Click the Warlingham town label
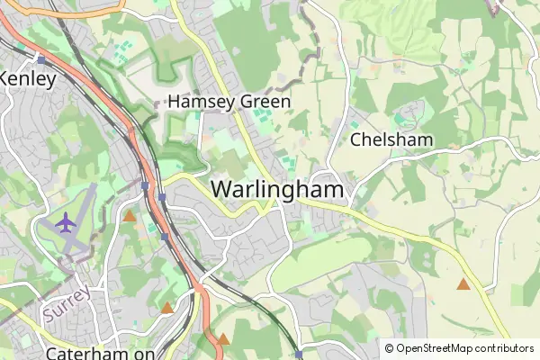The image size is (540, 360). pos(278,190)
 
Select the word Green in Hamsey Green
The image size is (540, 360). pos(265,102)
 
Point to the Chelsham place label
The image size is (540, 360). pos(391,139)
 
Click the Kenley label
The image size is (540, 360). pos(27,78)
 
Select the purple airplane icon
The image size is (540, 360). pos(66,221)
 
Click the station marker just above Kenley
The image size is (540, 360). pos(40,58)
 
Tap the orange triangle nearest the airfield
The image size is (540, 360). pos(130,216)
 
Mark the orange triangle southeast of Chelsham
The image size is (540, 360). pos(463,284)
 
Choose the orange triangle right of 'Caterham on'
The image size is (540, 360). pos(224,339)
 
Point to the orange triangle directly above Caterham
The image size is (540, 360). pos(166,308)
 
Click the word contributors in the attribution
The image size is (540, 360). pos(508,348)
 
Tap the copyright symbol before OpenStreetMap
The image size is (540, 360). pos(389,348)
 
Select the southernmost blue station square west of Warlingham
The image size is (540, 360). pos(166,238)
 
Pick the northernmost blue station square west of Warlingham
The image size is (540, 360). pos(144,185)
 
